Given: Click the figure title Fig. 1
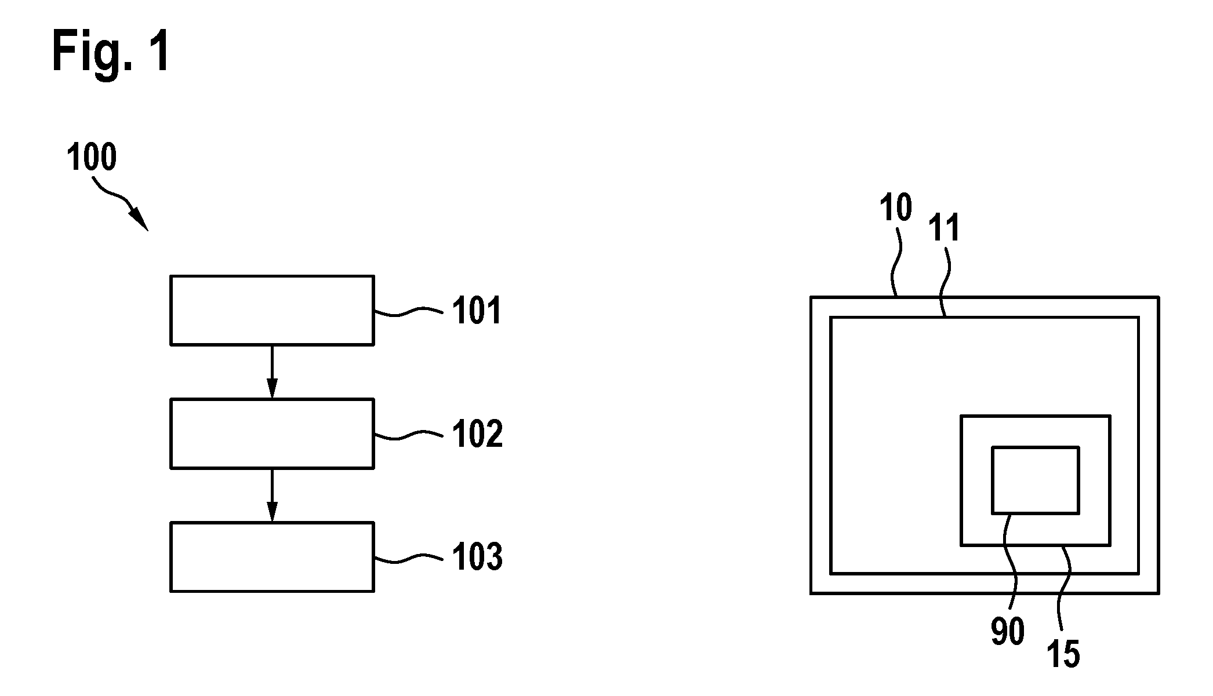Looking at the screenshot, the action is click(111, 52).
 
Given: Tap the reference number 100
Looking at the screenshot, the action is click(92, 158).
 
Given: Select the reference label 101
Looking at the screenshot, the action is click(476, 311).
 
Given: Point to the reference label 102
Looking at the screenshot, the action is click(477, 434).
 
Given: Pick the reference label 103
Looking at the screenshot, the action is click(477, 557).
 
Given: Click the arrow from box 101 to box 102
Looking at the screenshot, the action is click(272, 372).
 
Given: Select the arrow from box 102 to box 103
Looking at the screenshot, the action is click(272, 495).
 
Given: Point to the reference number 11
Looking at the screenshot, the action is click(945, 227).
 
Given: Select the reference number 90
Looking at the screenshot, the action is click(1008, 631).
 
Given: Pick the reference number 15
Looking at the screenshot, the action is click(1063, 654).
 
